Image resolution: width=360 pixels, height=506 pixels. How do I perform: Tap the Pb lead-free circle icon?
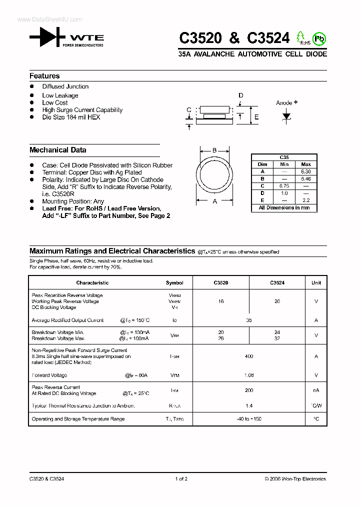point(319,38)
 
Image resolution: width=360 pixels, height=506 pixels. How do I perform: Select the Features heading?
point(44,76)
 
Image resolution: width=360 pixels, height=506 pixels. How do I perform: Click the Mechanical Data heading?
point(57,150)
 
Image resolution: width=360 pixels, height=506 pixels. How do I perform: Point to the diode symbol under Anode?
point(286,116)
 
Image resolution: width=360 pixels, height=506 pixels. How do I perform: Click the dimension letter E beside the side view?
point(256,117)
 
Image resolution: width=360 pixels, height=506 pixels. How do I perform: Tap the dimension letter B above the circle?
point(214,150)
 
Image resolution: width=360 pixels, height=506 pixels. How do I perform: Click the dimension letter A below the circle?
point(215,201)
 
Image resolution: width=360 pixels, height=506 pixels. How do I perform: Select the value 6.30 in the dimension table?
point(306,171)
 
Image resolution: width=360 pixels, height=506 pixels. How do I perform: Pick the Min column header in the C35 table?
point(284,164)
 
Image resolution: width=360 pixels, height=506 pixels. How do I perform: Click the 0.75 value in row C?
point(284,185)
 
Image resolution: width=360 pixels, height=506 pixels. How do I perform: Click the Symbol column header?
point(174,283)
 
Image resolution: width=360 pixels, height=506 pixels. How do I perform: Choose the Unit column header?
point(316,283)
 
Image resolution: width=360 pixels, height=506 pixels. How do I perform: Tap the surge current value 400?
point(249,356)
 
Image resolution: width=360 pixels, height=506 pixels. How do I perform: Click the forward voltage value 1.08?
point(249,375)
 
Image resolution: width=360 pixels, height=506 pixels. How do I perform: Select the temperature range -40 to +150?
point(249,419)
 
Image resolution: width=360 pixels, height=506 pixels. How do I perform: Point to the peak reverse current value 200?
point(249,390)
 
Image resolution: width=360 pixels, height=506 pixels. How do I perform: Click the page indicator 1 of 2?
point(181,479)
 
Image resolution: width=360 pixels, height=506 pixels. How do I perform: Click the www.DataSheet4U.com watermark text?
point(49,19)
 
